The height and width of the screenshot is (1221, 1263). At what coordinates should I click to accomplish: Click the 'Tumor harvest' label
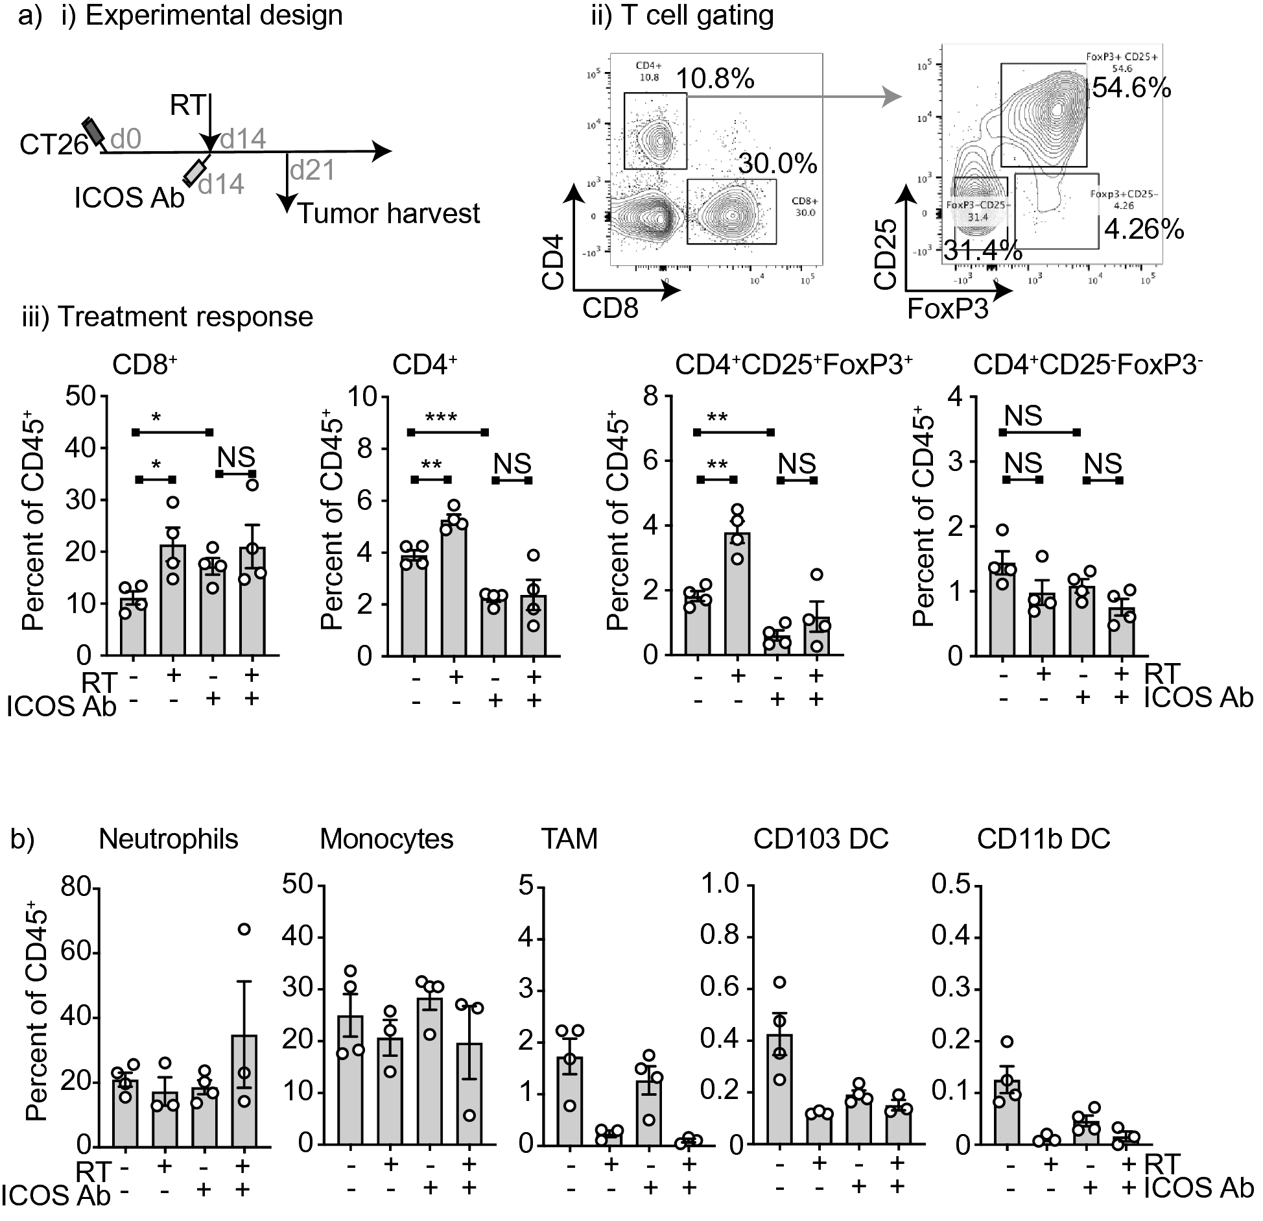(389, 213)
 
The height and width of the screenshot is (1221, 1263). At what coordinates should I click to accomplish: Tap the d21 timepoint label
(313, 170)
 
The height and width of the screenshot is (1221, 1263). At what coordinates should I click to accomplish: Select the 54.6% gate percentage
(1131, 88)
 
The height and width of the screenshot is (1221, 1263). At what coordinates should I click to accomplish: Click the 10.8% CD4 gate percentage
(715, 79)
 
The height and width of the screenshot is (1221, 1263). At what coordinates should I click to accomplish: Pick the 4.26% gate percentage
(1144, 230)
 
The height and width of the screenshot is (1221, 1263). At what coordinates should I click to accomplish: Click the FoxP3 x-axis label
(947, 309)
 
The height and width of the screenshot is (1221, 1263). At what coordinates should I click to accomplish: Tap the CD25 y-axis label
(886, 254)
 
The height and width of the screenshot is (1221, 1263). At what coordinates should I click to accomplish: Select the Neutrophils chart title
(169, 839)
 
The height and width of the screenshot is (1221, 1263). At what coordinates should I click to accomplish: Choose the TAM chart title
(569, 839)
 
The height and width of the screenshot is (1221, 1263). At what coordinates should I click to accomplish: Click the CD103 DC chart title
(820, 839)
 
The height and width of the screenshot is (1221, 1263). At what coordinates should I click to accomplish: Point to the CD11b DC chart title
(1043, 839)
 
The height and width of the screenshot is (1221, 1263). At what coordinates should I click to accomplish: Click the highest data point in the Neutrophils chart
(244, 929)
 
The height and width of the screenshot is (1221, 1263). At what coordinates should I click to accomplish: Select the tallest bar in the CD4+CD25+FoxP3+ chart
(737, 594)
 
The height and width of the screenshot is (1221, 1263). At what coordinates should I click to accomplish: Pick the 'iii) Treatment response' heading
(167, 317)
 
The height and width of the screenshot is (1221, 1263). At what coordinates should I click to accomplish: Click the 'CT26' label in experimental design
(54, 145)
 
